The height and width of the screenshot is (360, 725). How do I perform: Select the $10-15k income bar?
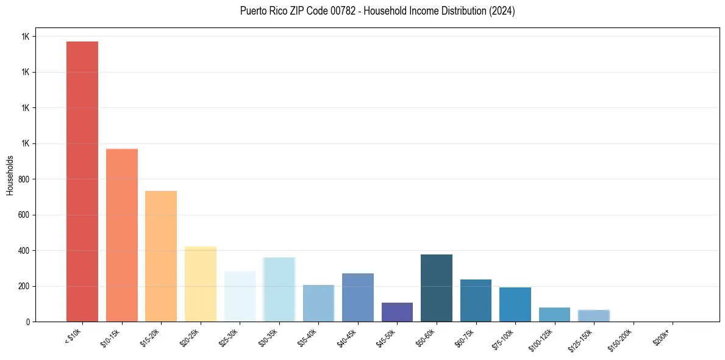(122, 235)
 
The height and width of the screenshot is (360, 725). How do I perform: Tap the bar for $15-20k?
(161, 256)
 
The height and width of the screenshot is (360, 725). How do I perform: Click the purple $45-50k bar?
(397, 312)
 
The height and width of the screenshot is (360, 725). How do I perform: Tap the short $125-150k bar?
(594, 315)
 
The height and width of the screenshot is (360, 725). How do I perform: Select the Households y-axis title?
(10, 175)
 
